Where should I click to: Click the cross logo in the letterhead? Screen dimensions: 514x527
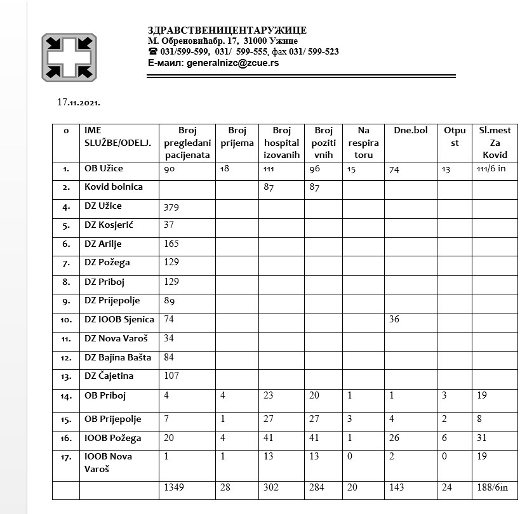tap(69, 58)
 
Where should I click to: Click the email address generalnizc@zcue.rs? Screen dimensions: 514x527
tap(231, 63)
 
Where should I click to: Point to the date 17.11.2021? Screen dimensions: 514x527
tap(79, 102)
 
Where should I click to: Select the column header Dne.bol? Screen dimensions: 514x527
tap(411, 131)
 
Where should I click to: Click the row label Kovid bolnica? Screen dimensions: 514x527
tap(114, 187)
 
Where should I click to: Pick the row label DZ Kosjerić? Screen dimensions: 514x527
tap(109, 225)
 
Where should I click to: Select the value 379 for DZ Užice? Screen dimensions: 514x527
tap(172, 206)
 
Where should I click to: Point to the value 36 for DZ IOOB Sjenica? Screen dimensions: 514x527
tap(394, 319)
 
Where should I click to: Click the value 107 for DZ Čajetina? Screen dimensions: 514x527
tap(172, 376)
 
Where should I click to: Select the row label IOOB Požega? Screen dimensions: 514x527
tap(112, 438)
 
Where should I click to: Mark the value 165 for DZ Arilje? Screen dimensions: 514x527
tap(171, 243)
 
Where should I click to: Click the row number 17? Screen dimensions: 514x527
tap(67, 458)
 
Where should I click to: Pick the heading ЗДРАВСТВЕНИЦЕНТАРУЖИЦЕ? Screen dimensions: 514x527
tap(227, 30)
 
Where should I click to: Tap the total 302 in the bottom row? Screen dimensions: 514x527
tap(272, 487)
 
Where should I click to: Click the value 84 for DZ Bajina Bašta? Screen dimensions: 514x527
tap(170, 357)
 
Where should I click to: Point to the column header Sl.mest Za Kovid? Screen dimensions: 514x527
tap(495, 142)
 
